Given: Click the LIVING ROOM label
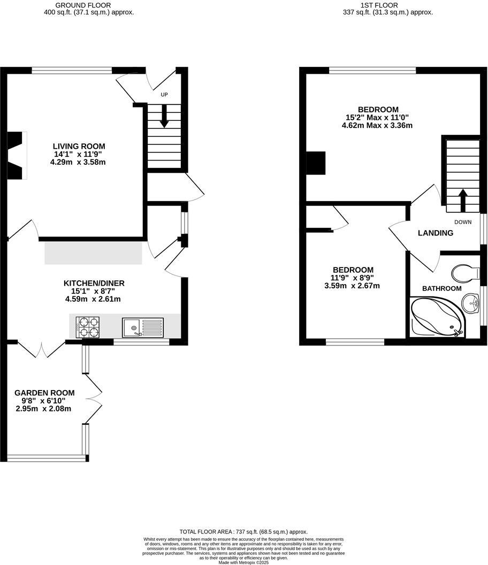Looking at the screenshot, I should [x=79, y=146].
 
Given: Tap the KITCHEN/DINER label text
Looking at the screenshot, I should [x=94, y=283].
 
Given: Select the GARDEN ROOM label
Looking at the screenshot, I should [x=44, y=393].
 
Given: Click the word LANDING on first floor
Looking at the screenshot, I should [x=436, y=233].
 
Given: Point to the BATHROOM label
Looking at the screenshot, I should [x=441, y=288].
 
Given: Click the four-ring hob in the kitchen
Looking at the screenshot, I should [x=88, y=327].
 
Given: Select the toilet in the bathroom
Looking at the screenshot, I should [x=464, y=273].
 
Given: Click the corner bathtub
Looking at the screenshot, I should [x=436, y=318].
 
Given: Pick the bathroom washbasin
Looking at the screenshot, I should [x=471, y=304].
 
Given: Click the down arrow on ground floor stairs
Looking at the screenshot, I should [x=164, y=117].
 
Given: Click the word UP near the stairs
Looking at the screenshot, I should [x=164, y=95].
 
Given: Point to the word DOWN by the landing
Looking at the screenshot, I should [x=463, y=222].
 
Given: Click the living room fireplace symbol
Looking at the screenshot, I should [x=18, y=156].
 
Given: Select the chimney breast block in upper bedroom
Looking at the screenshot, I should [x=315, y=163].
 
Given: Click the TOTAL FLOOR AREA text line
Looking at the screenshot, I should [x=243, y=531].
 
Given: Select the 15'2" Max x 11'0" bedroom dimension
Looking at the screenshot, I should [x=377, y=118].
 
